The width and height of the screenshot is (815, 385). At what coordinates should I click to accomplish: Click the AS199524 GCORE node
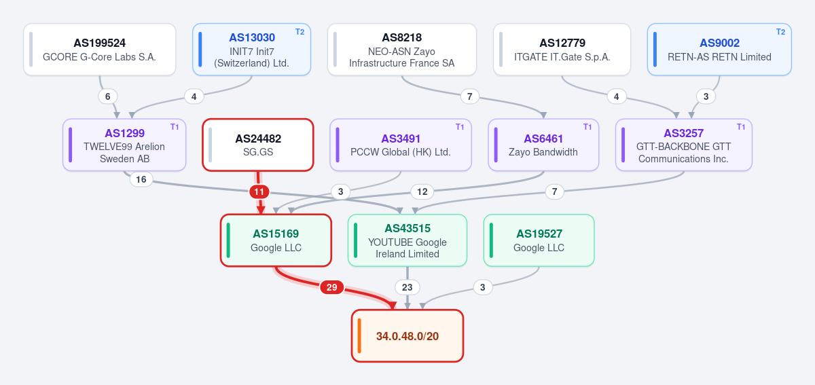tap(100, 50)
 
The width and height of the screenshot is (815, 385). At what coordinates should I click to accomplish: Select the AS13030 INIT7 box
tap(251, 50)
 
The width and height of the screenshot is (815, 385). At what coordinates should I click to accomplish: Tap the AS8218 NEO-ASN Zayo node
tap(402, 50)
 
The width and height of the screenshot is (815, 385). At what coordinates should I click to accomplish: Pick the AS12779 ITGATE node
tap(562, 50)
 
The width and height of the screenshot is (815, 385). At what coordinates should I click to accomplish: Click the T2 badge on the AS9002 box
tap(780, 32)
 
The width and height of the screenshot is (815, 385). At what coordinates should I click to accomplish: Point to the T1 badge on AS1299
tap(175, 127)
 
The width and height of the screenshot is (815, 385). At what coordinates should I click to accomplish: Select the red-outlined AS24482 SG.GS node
tap(258, 145)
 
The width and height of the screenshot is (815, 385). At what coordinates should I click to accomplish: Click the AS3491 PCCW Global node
tap(401, 145)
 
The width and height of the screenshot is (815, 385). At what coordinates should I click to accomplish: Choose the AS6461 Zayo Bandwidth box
tap(543, 145)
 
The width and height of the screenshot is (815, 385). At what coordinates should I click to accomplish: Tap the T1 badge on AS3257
tap(741, 127)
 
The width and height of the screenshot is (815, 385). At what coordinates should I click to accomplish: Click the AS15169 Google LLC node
tap(276, 240)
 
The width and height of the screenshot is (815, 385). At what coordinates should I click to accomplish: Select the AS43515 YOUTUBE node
tap(407, 240)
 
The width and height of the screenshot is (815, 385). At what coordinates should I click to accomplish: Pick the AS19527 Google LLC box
tap(539, 240)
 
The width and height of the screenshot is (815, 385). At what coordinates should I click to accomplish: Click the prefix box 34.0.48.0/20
tap(407, 336)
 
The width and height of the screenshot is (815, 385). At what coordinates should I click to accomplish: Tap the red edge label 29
tap(331, 287)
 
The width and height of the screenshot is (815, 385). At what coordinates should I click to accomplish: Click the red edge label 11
tap(259, 191)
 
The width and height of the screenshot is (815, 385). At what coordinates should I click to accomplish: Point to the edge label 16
tap(141, 179)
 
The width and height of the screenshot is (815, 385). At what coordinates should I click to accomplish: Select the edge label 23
tap(407, 287)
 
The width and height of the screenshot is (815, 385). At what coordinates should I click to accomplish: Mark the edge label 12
tap(422, 191)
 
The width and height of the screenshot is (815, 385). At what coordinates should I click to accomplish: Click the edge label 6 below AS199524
tap(108, 96)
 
